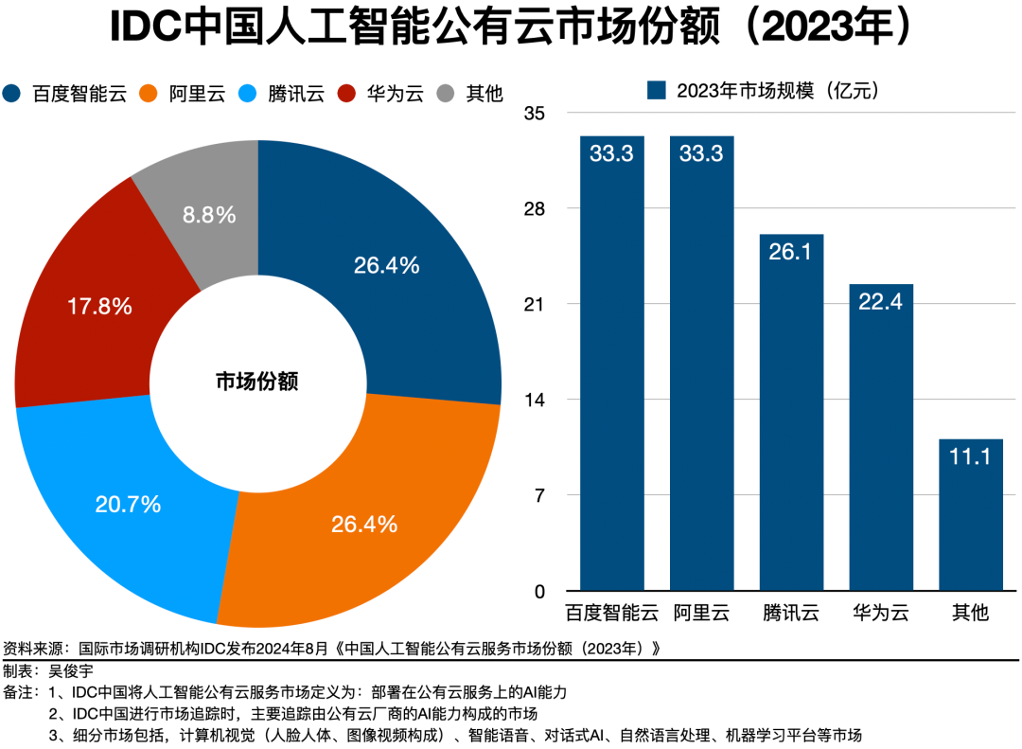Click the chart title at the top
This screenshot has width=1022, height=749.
pyautogui.click(x=511, y=28)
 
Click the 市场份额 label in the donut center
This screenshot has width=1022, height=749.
pyautogui.click(x=257, y=382)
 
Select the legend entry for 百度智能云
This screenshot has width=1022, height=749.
pyautogui.click(x=66, y=93)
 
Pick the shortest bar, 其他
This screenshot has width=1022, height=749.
pyautogui.click(x=970, y=515)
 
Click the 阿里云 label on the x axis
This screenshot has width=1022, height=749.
pyautogui.click(x=701, y=612)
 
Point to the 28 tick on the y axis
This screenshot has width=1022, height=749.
pyautogui.click(x=535, y=208)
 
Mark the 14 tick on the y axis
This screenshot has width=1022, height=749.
pyautogui.click(x=535, y=400)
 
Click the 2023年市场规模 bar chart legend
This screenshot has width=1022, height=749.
pyautogui.click(x=763, y=90)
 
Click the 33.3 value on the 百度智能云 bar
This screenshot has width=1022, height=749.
pyautogui.click(x=611, y=153)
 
